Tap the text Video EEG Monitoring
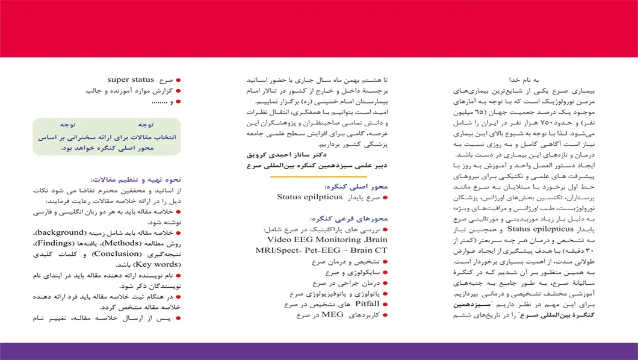(x=308, y=239)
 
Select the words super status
(x=132, y=79)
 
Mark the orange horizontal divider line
(x=318, y=176)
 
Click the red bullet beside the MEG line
(x=385, y=315)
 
